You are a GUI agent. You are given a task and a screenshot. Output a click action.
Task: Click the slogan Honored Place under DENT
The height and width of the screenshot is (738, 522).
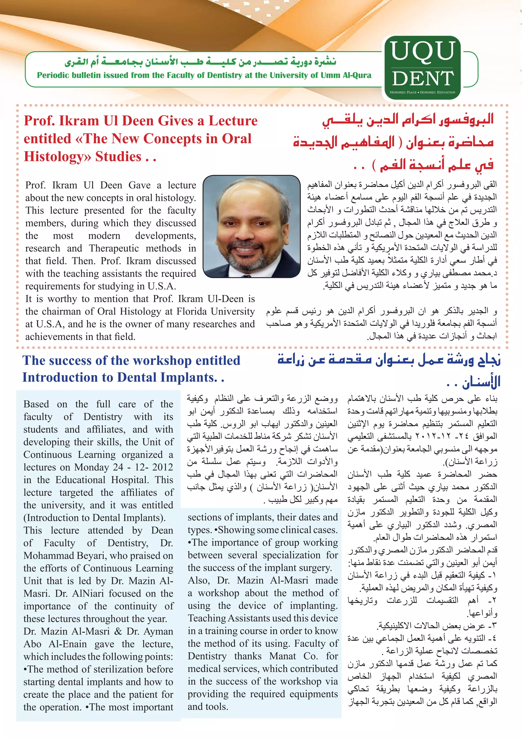coord(403,92)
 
